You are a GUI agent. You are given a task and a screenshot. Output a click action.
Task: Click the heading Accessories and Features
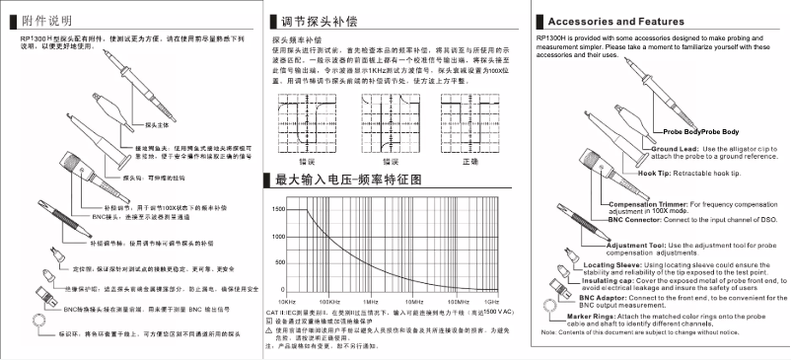[x=618, y=22]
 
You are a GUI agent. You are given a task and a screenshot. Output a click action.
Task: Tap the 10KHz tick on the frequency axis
[x=287, y=301]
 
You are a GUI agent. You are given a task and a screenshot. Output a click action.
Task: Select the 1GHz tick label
[x=491, y=301]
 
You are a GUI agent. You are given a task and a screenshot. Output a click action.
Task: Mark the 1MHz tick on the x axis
[x=370, y=301]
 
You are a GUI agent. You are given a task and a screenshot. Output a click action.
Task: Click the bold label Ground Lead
[x=674, y=148]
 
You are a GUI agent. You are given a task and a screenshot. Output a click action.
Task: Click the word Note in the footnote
[x=548, y=331]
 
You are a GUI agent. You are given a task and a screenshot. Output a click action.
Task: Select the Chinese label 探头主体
[x=159, y=125]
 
